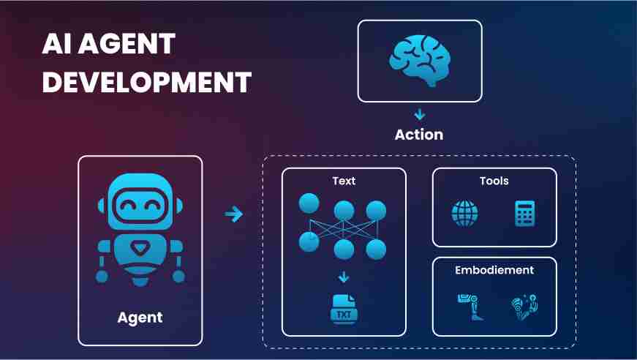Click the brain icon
pyautogui.click(x=420, y=61)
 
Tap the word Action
pyautogui.click(x=419, y=135)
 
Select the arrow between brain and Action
pyautogui.click(x=420, y=115)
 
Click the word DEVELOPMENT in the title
pyautogui.click(x=147, y=83)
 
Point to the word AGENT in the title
pyautogui.click(x=127, y=44)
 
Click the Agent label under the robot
pyautogui.click(x=140, y=318)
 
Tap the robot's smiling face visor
pyautogui.click(x=140, y=206)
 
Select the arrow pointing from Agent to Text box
pyautogui.click(x=234, y=214)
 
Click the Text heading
pyautogui.click(x=344, y=181)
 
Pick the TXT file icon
pyautogui.click(x=344, y=310)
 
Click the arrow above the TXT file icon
pyautogui.click(x=344, y=277)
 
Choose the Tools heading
pyautogui.click(x=494, y=181)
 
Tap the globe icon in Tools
pyautogui.click(x=464, y=214)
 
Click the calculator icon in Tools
pyautogui.click(x=525, y=214)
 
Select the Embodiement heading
pyautogui.click(x=494, y=270)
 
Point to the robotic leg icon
pyautogui.click(x=470, y=307)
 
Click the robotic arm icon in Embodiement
pyautogui.click(x=524, y=307)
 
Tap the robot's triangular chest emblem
pyautogui.click(x=140, y=248)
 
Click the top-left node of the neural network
pyautogui.click(x=309, y=203)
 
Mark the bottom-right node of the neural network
pyautogui.click(x=376, y=250)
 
